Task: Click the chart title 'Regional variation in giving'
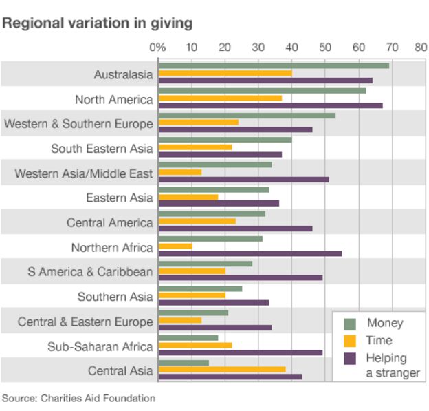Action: point(97,23)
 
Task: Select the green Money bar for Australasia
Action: point(274,65)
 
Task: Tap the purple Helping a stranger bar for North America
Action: point(270,105)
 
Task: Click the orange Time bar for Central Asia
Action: point(222,369)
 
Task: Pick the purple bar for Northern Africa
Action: point(250,253)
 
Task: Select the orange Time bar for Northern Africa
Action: point(175,246)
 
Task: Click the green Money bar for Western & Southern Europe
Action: point(247,115)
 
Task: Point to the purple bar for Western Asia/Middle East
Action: point(243,179)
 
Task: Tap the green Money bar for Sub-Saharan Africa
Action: point(188,337)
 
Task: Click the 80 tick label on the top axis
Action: point(419,48)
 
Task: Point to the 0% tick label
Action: point(157,48)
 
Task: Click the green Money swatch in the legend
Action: point(350,324)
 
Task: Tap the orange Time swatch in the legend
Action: point(350,341)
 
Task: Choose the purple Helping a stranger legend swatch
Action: point(350,359)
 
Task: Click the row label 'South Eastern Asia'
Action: point(102,149)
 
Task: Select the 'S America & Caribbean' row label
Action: point(90,272)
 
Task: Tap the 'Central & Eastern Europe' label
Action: point(85,322)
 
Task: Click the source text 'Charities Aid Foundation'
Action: point(98,398)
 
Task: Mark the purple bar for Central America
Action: point(235,228)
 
